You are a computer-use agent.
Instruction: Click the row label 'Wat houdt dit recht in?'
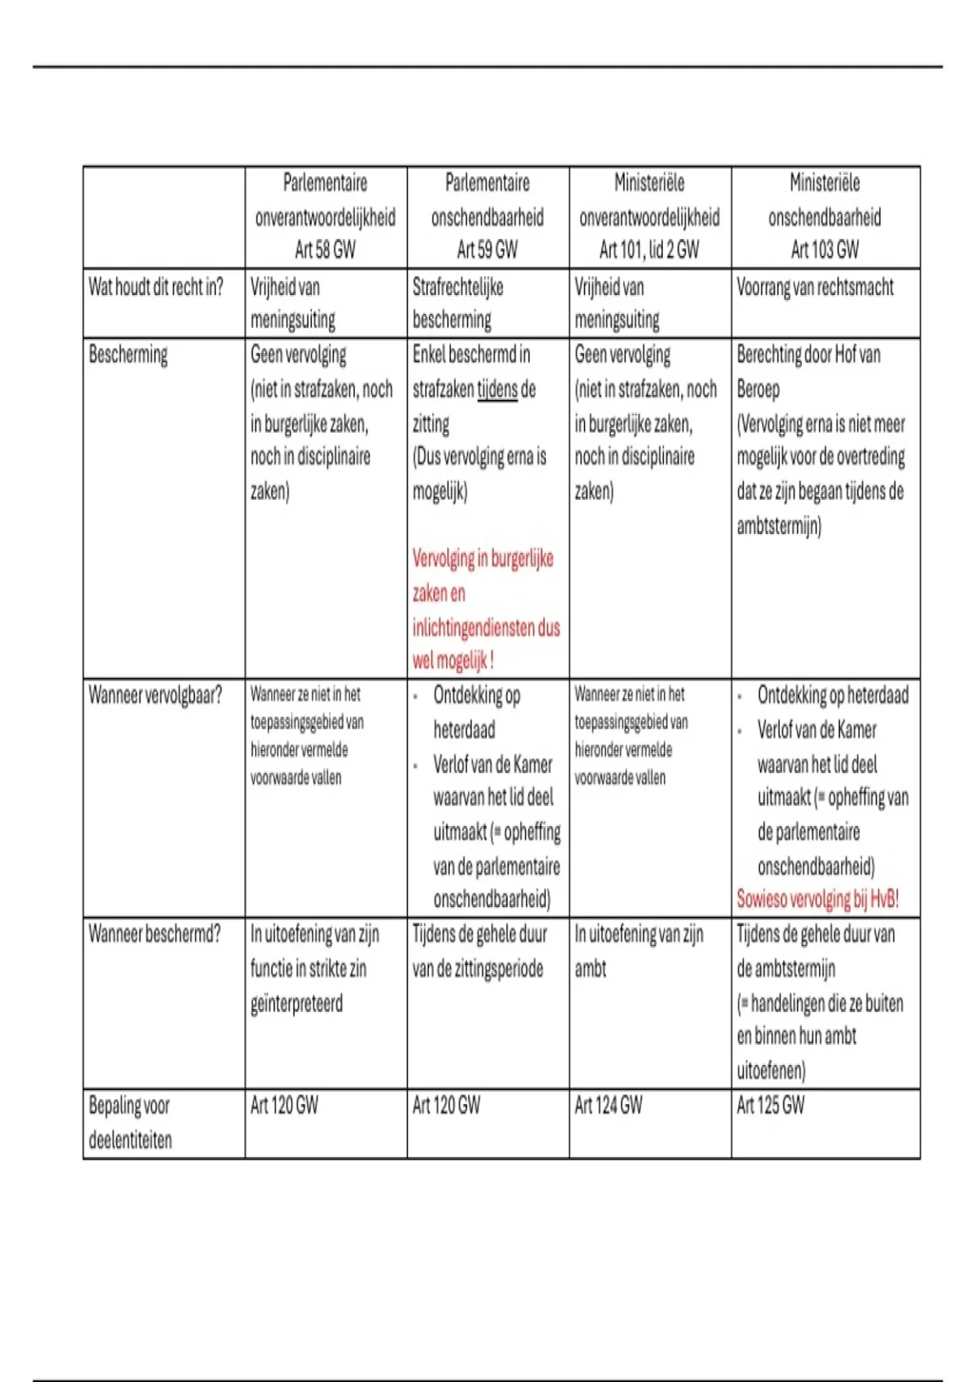[x=156, y=287]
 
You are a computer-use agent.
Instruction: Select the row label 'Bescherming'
[x=128, y=354]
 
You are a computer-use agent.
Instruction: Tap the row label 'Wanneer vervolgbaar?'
[x=155, y=695]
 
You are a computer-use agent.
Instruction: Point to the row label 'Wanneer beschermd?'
[x=154, y=933]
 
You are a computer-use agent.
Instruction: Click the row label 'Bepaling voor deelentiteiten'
[x=130, y=1122]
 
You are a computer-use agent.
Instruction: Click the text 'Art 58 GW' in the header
[x=325, y=250]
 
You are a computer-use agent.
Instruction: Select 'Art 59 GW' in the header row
[x=487, y=250]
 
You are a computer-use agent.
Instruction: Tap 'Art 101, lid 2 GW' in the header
[x=649, y=250]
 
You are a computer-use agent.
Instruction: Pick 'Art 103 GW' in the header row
[x=825, y=250]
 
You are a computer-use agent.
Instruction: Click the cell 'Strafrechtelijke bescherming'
[x=457, y=303]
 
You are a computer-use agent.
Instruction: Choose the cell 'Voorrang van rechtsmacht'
[x=815, y=287]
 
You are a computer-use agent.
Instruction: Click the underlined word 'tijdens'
[x=497, y=389]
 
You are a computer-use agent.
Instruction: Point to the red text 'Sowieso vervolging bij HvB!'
[x=817, y=899]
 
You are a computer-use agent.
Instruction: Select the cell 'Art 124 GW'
[x=609, y=1105]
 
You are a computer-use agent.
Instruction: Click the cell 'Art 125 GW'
[x=770, y=1105]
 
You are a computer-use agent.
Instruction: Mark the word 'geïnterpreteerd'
[x=297, y=1003]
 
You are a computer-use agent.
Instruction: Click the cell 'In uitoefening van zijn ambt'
[x=639, y=950]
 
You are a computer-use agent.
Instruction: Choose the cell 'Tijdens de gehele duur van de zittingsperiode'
[x=479, y=951]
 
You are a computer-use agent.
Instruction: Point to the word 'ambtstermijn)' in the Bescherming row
[x=779, y=526]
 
